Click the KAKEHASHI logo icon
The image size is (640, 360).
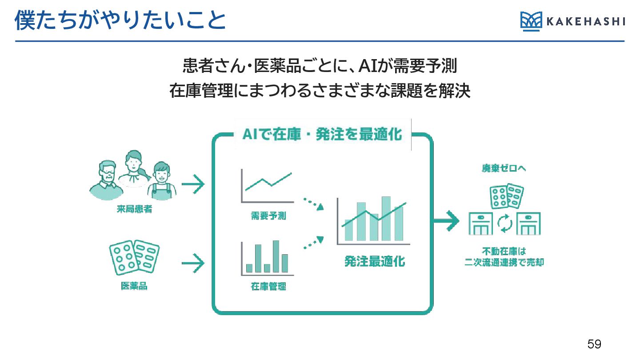[531, 21]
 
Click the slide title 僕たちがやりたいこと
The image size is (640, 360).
[120, 21]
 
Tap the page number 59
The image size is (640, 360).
[594, 344]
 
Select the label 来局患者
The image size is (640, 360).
[132, 209]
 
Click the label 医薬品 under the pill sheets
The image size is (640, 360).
[134, 286]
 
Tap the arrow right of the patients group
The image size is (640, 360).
[193, 184]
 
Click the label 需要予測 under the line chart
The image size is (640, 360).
[268, 216]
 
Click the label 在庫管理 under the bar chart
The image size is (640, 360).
[268, 287]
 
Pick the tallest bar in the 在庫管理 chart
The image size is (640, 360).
[276, 256]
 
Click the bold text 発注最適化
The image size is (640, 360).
[375, 261]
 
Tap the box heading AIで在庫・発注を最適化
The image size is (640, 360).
[322, 135]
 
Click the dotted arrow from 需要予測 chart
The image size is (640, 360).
[313, 204]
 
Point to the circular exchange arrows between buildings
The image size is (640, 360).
[504, 224]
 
